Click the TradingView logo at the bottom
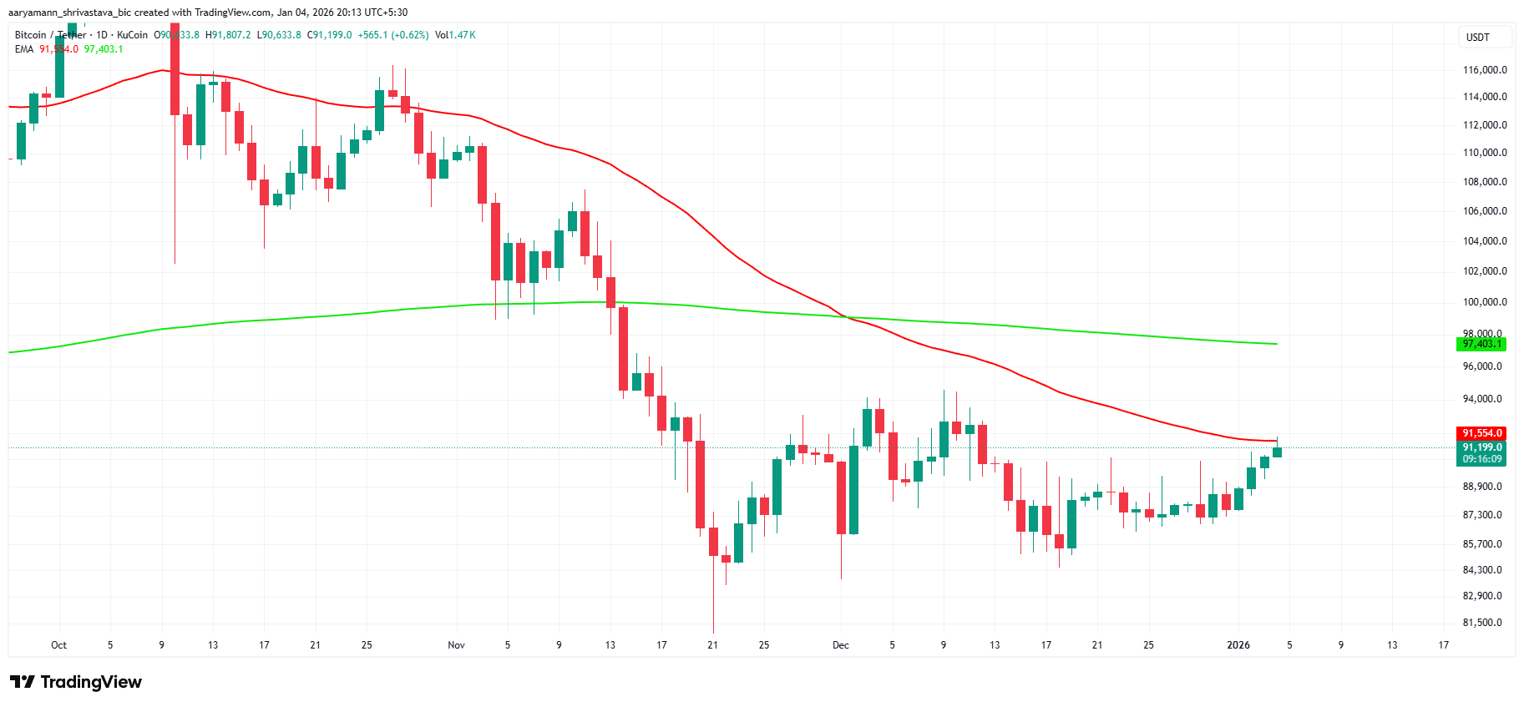point(76,682)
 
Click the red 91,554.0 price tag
point(1482,433)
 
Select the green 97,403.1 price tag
point(1482,344)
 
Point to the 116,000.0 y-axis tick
point(1485,70)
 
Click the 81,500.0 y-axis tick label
point(1482,623)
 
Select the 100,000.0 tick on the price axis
point(1485,302)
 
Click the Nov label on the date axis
point(456,645)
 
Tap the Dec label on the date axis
point(840,645)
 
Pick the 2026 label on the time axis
point(1238,645)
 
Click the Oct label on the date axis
point(58,645)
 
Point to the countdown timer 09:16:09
point(1482,459)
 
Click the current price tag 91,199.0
point(1482,447)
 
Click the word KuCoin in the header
point(132,35)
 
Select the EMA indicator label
point(24,49)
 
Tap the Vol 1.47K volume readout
point(455,35)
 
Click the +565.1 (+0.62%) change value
point(392,35)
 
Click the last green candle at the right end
point(1277,452)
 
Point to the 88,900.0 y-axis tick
point(1482,487)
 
